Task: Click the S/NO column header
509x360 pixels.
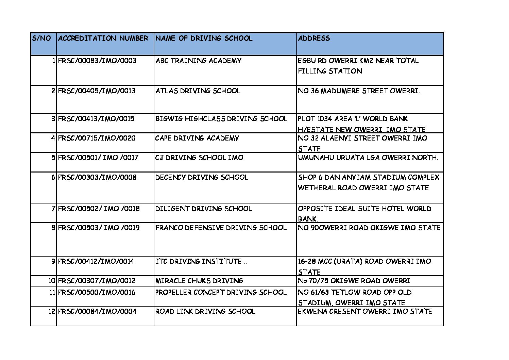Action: coord(41,38)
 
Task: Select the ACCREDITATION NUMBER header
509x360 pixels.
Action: coord(103,38)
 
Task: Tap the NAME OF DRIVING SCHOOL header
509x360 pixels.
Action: coord(204,38)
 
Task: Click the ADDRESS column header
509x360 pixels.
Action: coord(314,38)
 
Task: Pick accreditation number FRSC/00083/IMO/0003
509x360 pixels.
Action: coord(97,61)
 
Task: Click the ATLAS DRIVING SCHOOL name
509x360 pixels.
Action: coord(198,91)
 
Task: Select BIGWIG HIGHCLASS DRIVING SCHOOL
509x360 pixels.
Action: coord(221,119)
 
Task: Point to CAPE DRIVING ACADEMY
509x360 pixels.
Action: coord(197,138)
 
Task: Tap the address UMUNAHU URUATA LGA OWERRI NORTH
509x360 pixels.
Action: coord(368,158)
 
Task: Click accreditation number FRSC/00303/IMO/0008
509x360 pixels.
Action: coord(97,178)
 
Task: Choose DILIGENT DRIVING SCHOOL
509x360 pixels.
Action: coord(203,209)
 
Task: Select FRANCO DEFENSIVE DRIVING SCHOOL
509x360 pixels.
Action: coord(221,228)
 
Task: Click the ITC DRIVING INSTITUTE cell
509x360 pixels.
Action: coord(201,262)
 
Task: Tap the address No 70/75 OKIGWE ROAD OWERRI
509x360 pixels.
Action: coord(354,281)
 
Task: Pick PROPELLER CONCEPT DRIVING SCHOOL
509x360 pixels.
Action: coord(221,293)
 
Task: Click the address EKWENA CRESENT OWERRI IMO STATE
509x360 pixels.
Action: coord(365,312)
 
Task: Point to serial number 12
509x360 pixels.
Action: coord(51,312)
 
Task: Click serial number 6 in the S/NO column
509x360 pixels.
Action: coord(53,178)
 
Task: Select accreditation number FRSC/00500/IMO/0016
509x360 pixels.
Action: coord(97,293)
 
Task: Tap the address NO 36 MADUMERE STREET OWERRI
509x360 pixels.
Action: coord(359,91)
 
